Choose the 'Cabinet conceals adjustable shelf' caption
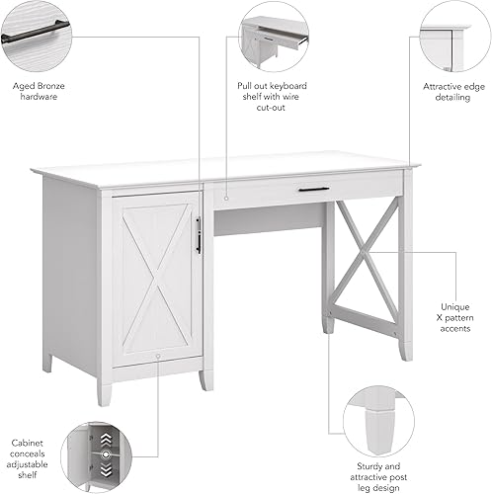tap(28, 459)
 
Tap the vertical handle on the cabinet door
tap(199, 235)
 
